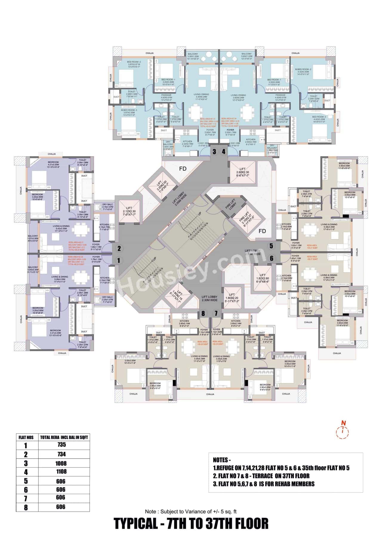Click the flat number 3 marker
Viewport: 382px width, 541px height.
pyautogui.click(x=214, y=152)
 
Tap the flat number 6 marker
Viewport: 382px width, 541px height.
pyautogui.click(x=271, y=258)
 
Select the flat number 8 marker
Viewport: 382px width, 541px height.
pyautogui.click(x=203, y=313)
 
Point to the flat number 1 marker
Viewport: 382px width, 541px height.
pyautogui.click(x=118, y=260)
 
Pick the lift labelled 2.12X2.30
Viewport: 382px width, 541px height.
pyautogui.click(x=129, y=211)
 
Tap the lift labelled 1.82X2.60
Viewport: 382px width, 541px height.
pyautogui.click(x=262, y=278)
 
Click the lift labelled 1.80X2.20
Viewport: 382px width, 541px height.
pyautogui.click(x=232, y=298)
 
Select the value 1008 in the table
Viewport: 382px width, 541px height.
pyautogui.click(x=61, y=463)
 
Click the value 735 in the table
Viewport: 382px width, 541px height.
pyautogui.click(x=61, y=444)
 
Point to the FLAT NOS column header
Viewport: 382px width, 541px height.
pyautogui.click(x=26, y=437)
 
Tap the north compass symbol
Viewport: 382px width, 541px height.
pyautogui.click(x=343, y=430)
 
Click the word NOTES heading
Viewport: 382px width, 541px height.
pyautogui.click(x=222, y=460)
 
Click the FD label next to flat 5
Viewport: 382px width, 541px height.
pyautogui.click(x=262, y=231)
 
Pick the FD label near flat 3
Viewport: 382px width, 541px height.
pyautogui.click(x=183, y=169)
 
